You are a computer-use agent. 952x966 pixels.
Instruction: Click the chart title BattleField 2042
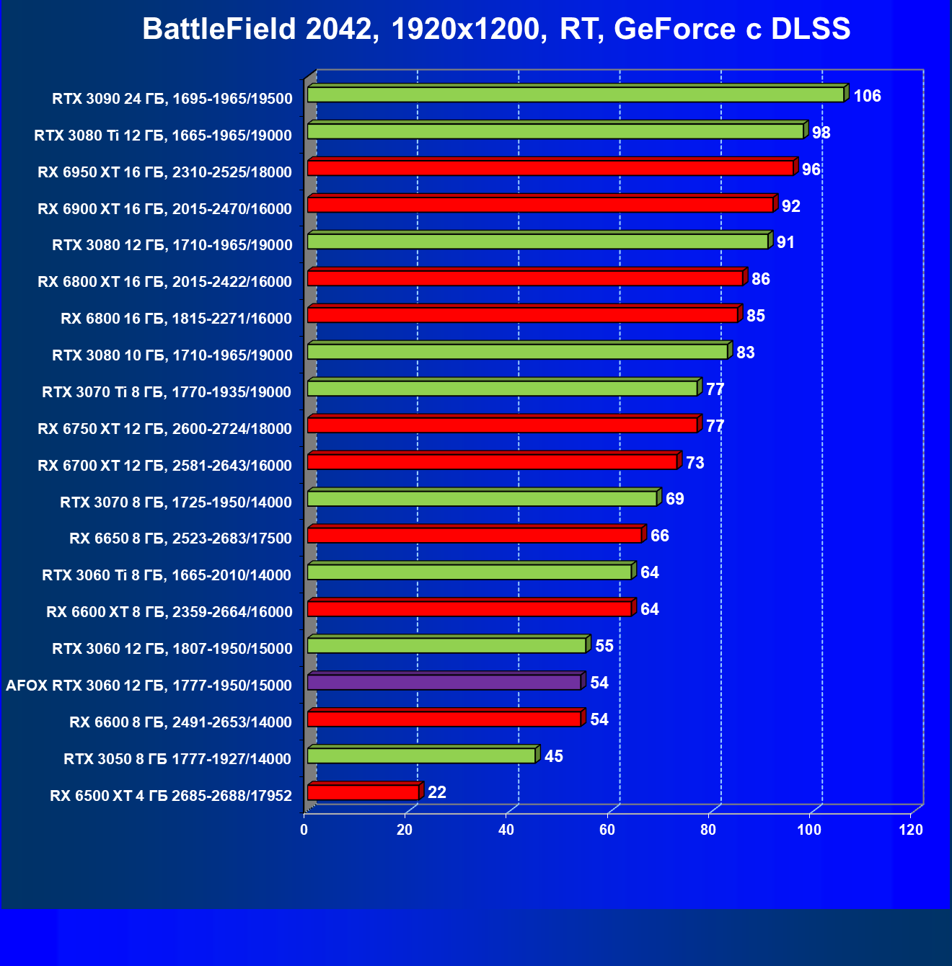496,30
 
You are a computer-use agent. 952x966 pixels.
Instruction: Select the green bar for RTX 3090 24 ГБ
575,94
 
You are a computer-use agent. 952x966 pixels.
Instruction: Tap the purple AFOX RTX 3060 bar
444,682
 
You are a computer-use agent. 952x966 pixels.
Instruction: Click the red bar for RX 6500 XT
363,792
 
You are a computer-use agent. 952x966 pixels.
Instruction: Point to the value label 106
867,96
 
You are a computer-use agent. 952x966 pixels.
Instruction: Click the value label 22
437,792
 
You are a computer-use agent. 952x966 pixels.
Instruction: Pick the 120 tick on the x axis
911,830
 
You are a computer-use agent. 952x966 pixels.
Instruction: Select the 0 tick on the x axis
304,830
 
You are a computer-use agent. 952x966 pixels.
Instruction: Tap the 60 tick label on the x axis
607,830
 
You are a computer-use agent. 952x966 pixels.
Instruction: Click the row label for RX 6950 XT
164,172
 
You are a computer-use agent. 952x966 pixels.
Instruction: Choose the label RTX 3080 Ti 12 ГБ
163,136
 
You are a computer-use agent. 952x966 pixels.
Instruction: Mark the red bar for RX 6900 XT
540,205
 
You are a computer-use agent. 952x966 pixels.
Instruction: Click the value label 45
554,756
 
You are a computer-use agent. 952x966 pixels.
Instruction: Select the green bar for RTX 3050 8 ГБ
421,755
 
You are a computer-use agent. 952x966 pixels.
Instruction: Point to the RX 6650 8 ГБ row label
180,539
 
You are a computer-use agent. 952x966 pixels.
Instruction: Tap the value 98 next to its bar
821,133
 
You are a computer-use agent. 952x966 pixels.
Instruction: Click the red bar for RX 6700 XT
492,461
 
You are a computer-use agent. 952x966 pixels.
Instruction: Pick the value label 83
745,353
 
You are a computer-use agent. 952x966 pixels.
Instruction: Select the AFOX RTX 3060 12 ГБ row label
149,686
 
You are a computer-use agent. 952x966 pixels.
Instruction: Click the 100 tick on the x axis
809,830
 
